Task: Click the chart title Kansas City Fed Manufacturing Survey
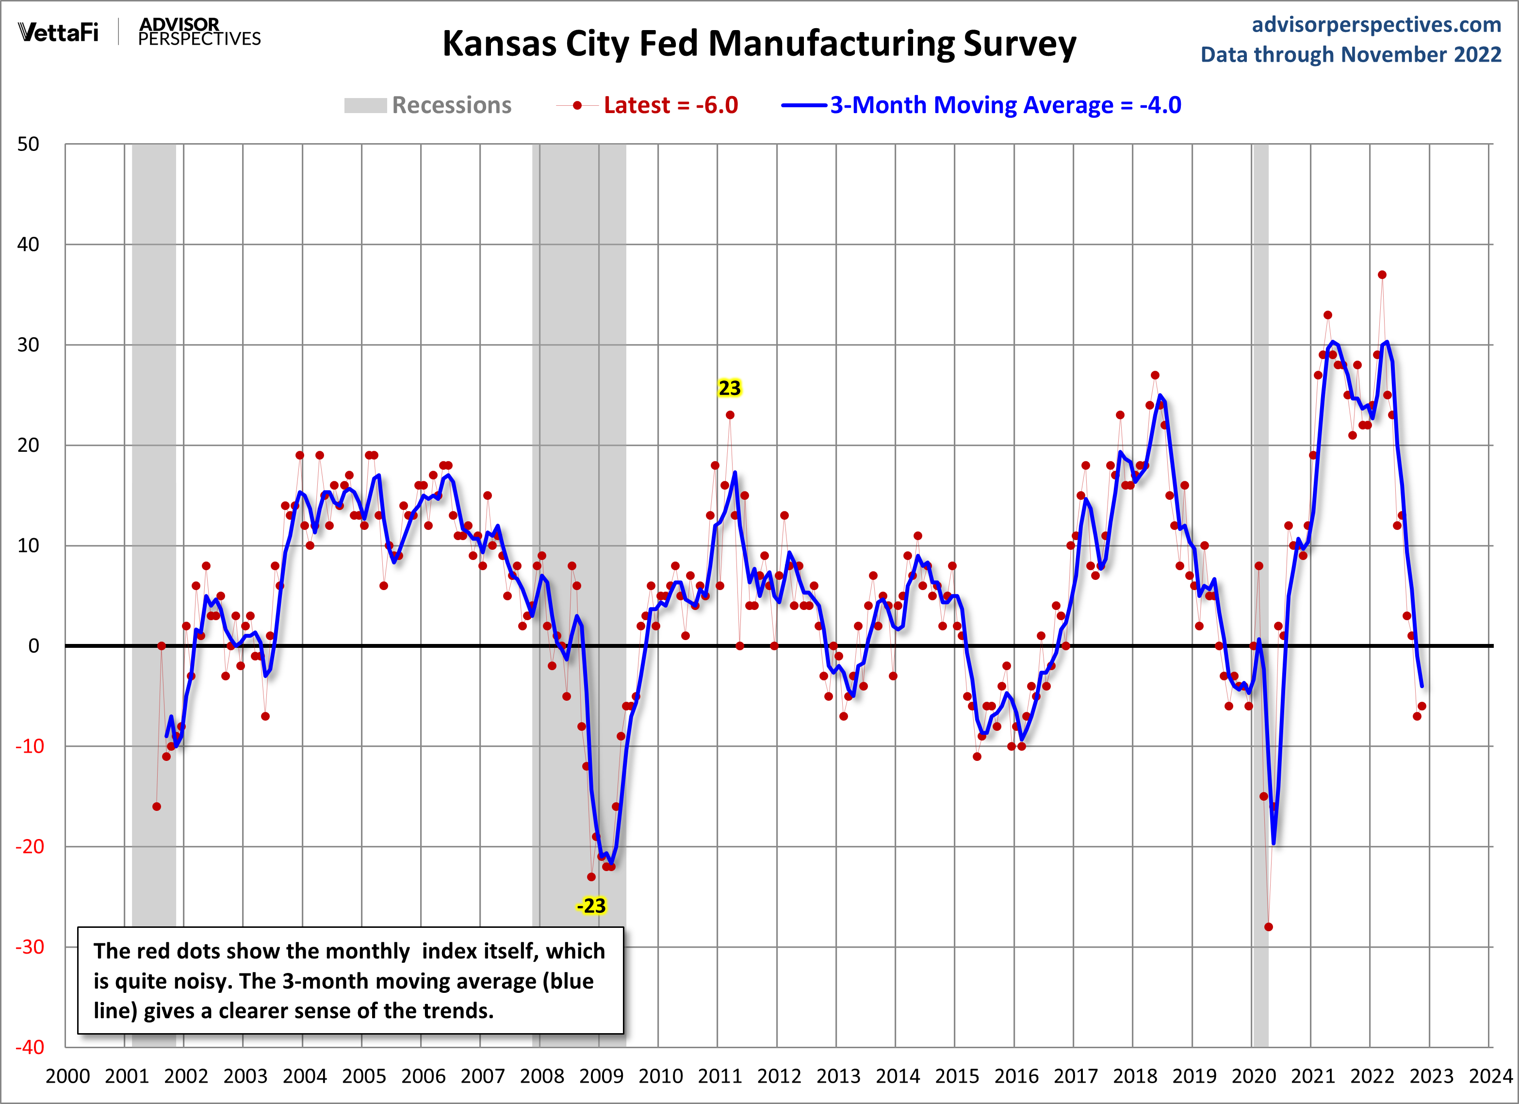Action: pos(759,44)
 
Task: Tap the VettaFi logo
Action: pos(58,32)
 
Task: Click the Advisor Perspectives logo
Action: pos(199,32)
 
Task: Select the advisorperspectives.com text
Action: pos(1376,25)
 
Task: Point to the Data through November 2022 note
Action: pos(1350,54)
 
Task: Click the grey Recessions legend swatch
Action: pos(365,106)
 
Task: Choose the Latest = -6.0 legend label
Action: pos(670,106)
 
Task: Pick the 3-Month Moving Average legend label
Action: pos(1005,106)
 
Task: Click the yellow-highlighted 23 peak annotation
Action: pos(729,388)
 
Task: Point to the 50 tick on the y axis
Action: pos(28,144)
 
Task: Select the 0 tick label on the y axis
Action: pos(33,646)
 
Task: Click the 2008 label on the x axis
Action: pos(542,1076)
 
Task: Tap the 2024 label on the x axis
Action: pos(1490,1076)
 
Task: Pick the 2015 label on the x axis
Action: pos(956,1076)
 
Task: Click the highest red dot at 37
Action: pos(1382,275)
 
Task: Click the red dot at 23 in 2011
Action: pos(730,415)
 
